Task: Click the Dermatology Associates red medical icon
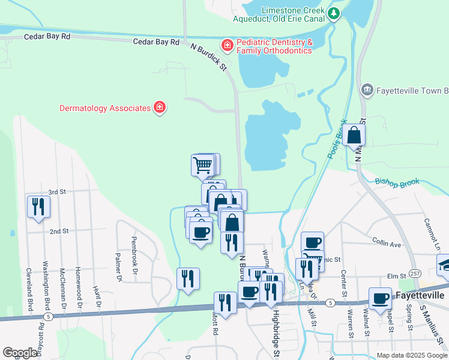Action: coord(160,108)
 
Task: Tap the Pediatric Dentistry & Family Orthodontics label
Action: coord(274,47)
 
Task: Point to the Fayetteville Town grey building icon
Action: coord(367,91)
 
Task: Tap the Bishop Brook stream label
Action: coord(397,181)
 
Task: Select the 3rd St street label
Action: coord(57,191)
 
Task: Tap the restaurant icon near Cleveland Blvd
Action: coord(38,206)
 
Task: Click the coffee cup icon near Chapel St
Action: coord(379,298)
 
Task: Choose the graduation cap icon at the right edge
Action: coord(445,265)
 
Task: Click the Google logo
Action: coord(20,353)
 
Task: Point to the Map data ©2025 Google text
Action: coord(412,355)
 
